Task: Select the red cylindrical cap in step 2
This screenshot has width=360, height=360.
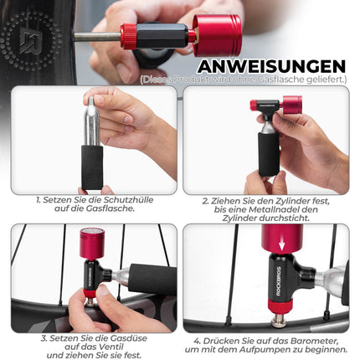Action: point(291,105)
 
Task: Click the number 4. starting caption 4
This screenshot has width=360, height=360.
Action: point(198,341)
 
